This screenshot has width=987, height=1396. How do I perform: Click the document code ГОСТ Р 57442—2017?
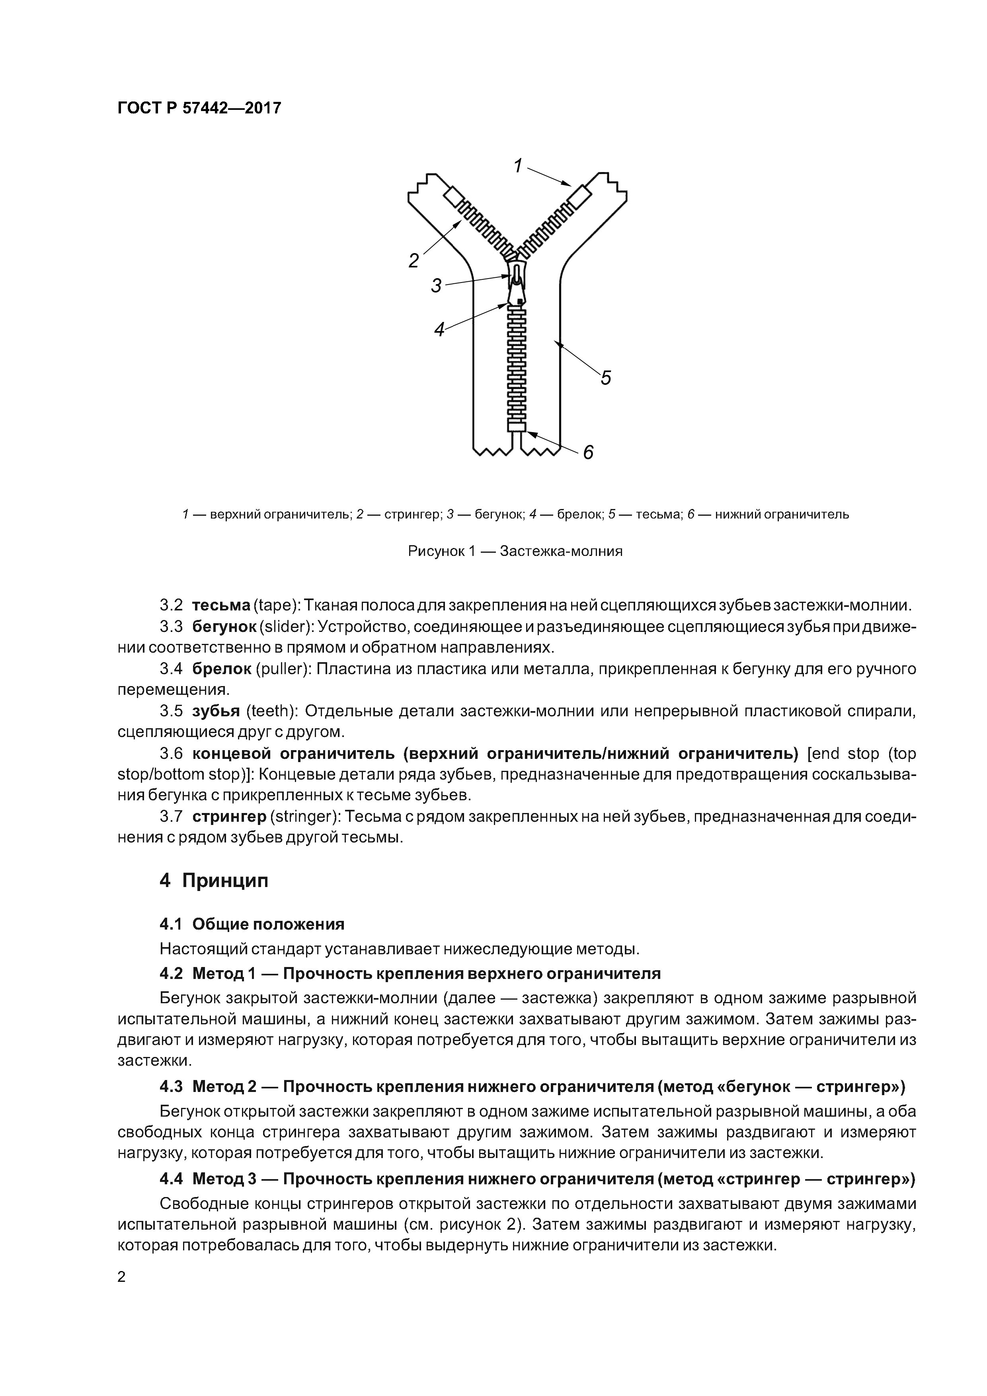pyautogui.click(x=199, y=108)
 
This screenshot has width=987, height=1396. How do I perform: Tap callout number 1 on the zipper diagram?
pyautogui.click(x=518, y=166)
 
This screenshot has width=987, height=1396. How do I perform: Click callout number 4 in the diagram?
pyautogui.click(x=439, y=329)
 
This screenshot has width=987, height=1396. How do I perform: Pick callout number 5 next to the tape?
pyautogui.click(x=606, y=378)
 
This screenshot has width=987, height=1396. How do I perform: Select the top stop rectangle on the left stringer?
pyautogui.click(x=454, y=197)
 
